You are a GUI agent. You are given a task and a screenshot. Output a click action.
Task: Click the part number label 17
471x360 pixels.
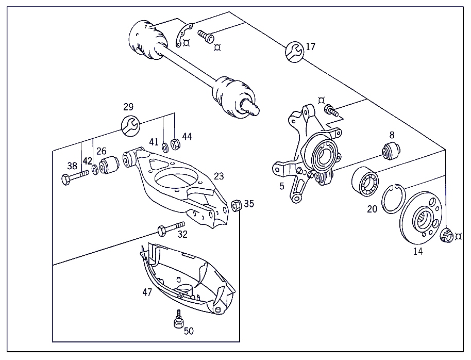click(310, 47)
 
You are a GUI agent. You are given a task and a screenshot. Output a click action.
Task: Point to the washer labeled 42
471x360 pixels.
click(96, 169)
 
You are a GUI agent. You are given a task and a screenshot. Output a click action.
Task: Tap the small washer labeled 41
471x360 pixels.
click(164, 146)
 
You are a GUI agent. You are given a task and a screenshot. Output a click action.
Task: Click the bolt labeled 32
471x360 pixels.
click(172, 227)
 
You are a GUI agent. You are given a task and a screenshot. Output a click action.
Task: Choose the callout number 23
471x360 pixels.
click(219, 176)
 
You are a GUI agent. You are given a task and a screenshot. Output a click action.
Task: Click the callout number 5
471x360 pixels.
click(282, 186)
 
